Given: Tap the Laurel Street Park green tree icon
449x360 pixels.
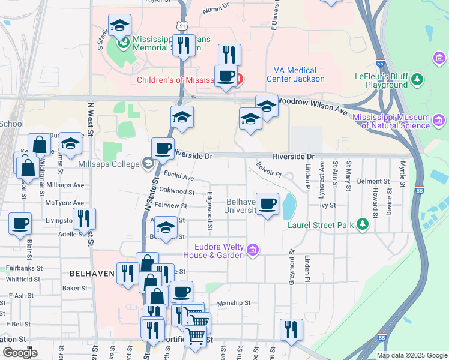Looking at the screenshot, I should click(362, 224).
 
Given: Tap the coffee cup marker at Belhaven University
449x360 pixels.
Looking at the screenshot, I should click(268, 204).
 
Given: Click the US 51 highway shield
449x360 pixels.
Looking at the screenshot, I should click(182, 26).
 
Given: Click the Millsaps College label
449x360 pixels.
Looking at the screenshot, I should click(108, 163).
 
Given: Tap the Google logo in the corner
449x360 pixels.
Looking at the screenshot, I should click(20, 353).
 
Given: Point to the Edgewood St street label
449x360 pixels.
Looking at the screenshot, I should click(210, 210).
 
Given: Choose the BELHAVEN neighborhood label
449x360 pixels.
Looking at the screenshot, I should click(92, 274).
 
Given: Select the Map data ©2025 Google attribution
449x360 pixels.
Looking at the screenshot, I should click(411, 355).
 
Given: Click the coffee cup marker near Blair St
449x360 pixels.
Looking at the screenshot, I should click(20, 224).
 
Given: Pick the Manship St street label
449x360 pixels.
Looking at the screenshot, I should click(234, 304).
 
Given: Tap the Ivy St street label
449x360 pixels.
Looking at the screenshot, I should click(327, 205).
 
